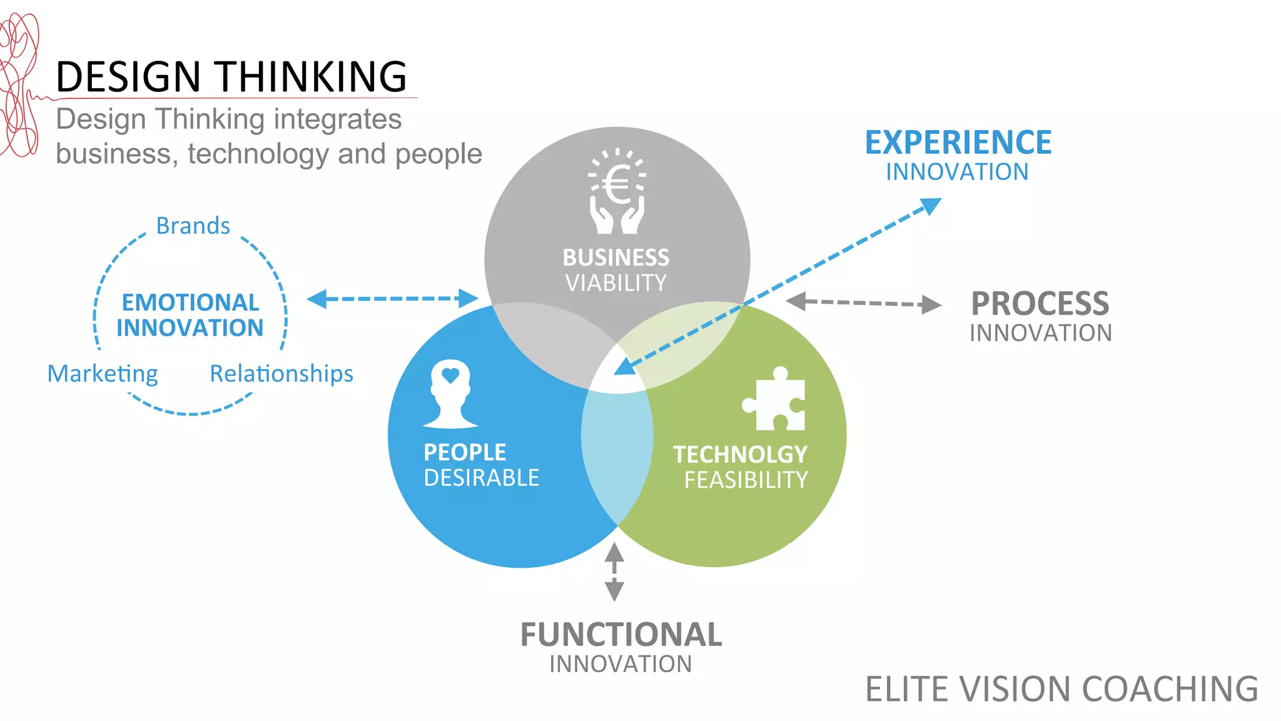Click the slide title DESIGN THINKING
(x=231, y=77)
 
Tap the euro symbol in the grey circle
(x=618, y=186)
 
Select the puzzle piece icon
(x=774, y=400)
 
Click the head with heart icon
(x=450, y=394)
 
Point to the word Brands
(x=193, y=226)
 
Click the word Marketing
(x=103, y=374)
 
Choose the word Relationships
(x=281, y=374)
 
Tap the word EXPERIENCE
(x=958, y=143)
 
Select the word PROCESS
(x=1040, y=304)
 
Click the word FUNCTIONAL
(x=621, y=635)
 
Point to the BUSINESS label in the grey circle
(x=616, y=258)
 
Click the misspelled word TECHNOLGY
(x=740, y=455)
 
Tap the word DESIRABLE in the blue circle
(x=481, y=478)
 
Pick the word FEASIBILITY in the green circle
(x=746, y=480)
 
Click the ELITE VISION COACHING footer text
(x=1061, y=689)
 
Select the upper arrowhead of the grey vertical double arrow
(x=614, y=552)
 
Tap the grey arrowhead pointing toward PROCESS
(x=931, y=305)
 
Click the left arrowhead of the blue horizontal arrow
(x=318, y=299)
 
